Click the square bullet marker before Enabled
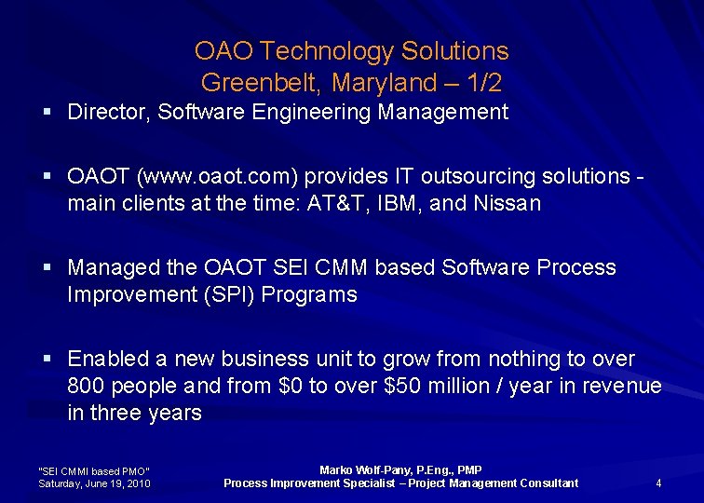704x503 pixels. click(47, 360)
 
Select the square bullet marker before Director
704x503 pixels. click(47, 114)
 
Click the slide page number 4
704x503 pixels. click(658, 483)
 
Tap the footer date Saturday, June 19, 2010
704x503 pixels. click(94, 483)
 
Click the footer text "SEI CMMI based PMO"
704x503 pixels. click(93, 470)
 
